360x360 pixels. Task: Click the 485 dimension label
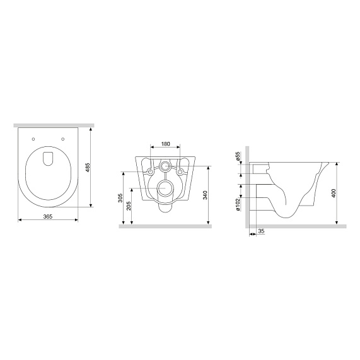[88, 167]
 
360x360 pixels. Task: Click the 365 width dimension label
[48, 216]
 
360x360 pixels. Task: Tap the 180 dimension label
[165, 144]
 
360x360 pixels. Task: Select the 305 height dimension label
[120, 198]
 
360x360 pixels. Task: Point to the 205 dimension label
[129, 206]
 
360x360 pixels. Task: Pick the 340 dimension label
[205, 195]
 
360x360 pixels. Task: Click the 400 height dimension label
[334, 193]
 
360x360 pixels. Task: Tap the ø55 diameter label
[238, 156]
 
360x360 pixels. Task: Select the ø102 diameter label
[238, 204]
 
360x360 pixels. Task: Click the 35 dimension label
[261, 231]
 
